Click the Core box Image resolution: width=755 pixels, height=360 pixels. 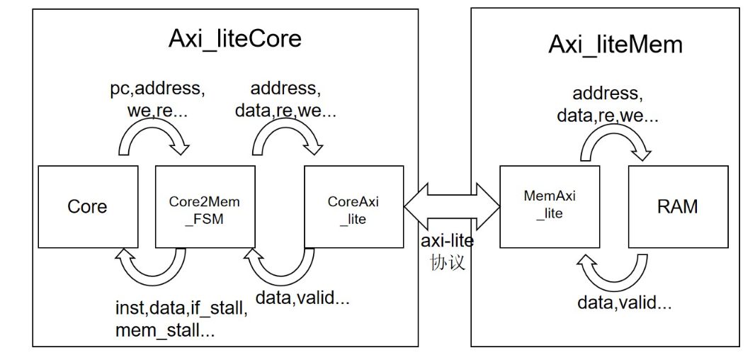[87, 207]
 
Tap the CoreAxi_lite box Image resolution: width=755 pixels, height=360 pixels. [353, 207]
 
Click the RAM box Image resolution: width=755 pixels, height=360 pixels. [678, 206]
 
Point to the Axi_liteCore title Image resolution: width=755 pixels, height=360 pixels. [234, 38]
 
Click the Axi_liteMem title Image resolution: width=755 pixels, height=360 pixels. [615, 44]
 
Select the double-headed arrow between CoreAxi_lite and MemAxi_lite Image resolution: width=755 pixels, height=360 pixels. [451, 206]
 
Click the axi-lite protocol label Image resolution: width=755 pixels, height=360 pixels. [447, 241]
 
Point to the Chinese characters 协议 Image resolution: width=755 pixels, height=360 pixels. [447, 261]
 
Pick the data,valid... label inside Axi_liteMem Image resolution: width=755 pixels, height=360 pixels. [623, 304]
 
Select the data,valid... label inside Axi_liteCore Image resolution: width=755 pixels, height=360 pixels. [303, 298]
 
